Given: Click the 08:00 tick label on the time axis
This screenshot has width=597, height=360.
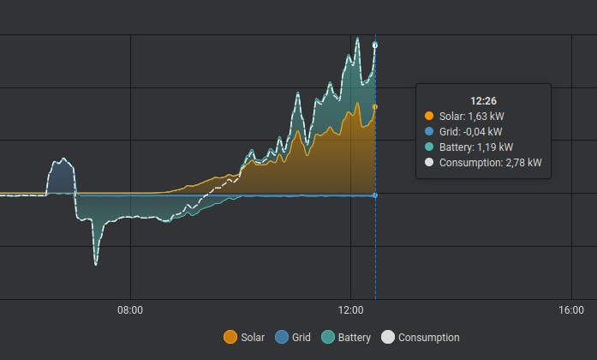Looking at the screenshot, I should coord(130,309).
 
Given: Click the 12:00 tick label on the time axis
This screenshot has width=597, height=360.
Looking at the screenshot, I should coord(351,309).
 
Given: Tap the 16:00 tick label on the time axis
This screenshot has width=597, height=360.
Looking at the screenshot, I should coord(571,309).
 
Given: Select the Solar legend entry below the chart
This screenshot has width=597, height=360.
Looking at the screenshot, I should coord(244,338).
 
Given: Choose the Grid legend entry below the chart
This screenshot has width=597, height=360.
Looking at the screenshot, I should coord(293,338).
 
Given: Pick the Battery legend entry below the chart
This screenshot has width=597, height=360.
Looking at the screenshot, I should coord(346,338).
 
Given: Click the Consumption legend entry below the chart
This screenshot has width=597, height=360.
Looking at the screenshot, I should coord(421,338).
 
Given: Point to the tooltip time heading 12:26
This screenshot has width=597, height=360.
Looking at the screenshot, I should coord(483,100).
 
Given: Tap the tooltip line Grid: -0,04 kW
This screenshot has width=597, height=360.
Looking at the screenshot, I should coord(476,131).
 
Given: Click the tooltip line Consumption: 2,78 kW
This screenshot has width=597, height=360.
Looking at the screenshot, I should coord(490,162).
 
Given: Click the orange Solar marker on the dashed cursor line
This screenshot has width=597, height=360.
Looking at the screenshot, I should coord(375,107).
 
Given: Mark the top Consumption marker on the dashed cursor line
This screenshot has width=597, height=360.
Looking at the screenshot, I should coord(375,45).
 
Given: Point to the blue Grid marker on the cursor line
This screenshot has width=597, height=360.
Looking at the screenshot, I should coord(375,195).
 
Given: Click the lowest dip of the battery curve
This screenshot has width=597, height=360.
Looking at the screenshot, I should coord(95,264).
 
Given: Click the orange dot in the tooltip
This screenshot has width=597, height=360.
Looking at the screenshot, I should coord(429,116).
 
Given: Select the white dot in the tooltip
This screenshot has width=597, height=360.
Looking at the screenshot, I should coord(429,162).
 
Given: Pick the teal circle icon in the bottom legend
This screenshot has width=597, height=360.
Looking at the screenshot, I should coord(328,338).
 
